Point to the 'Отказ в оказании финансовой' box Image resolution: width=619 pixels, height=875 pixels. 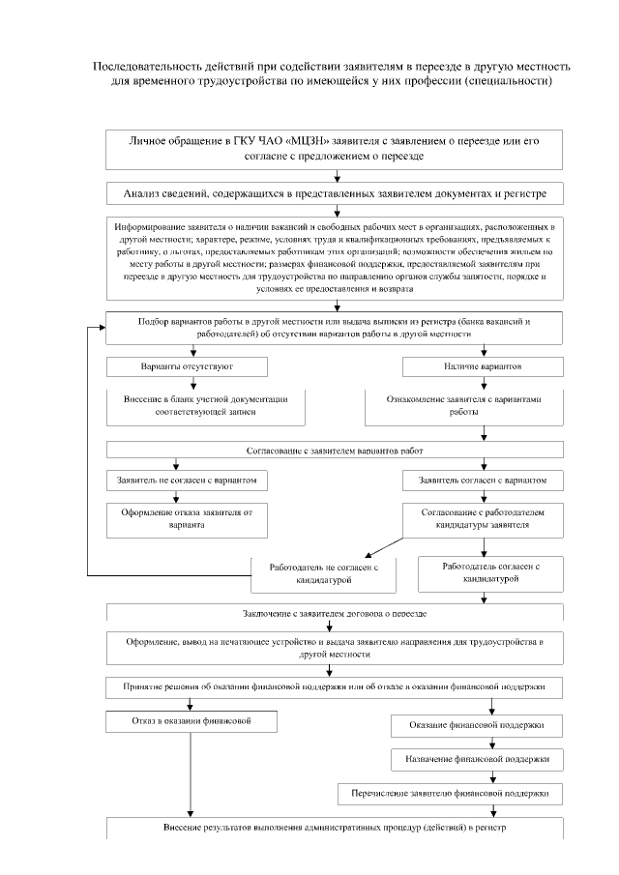192,720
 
